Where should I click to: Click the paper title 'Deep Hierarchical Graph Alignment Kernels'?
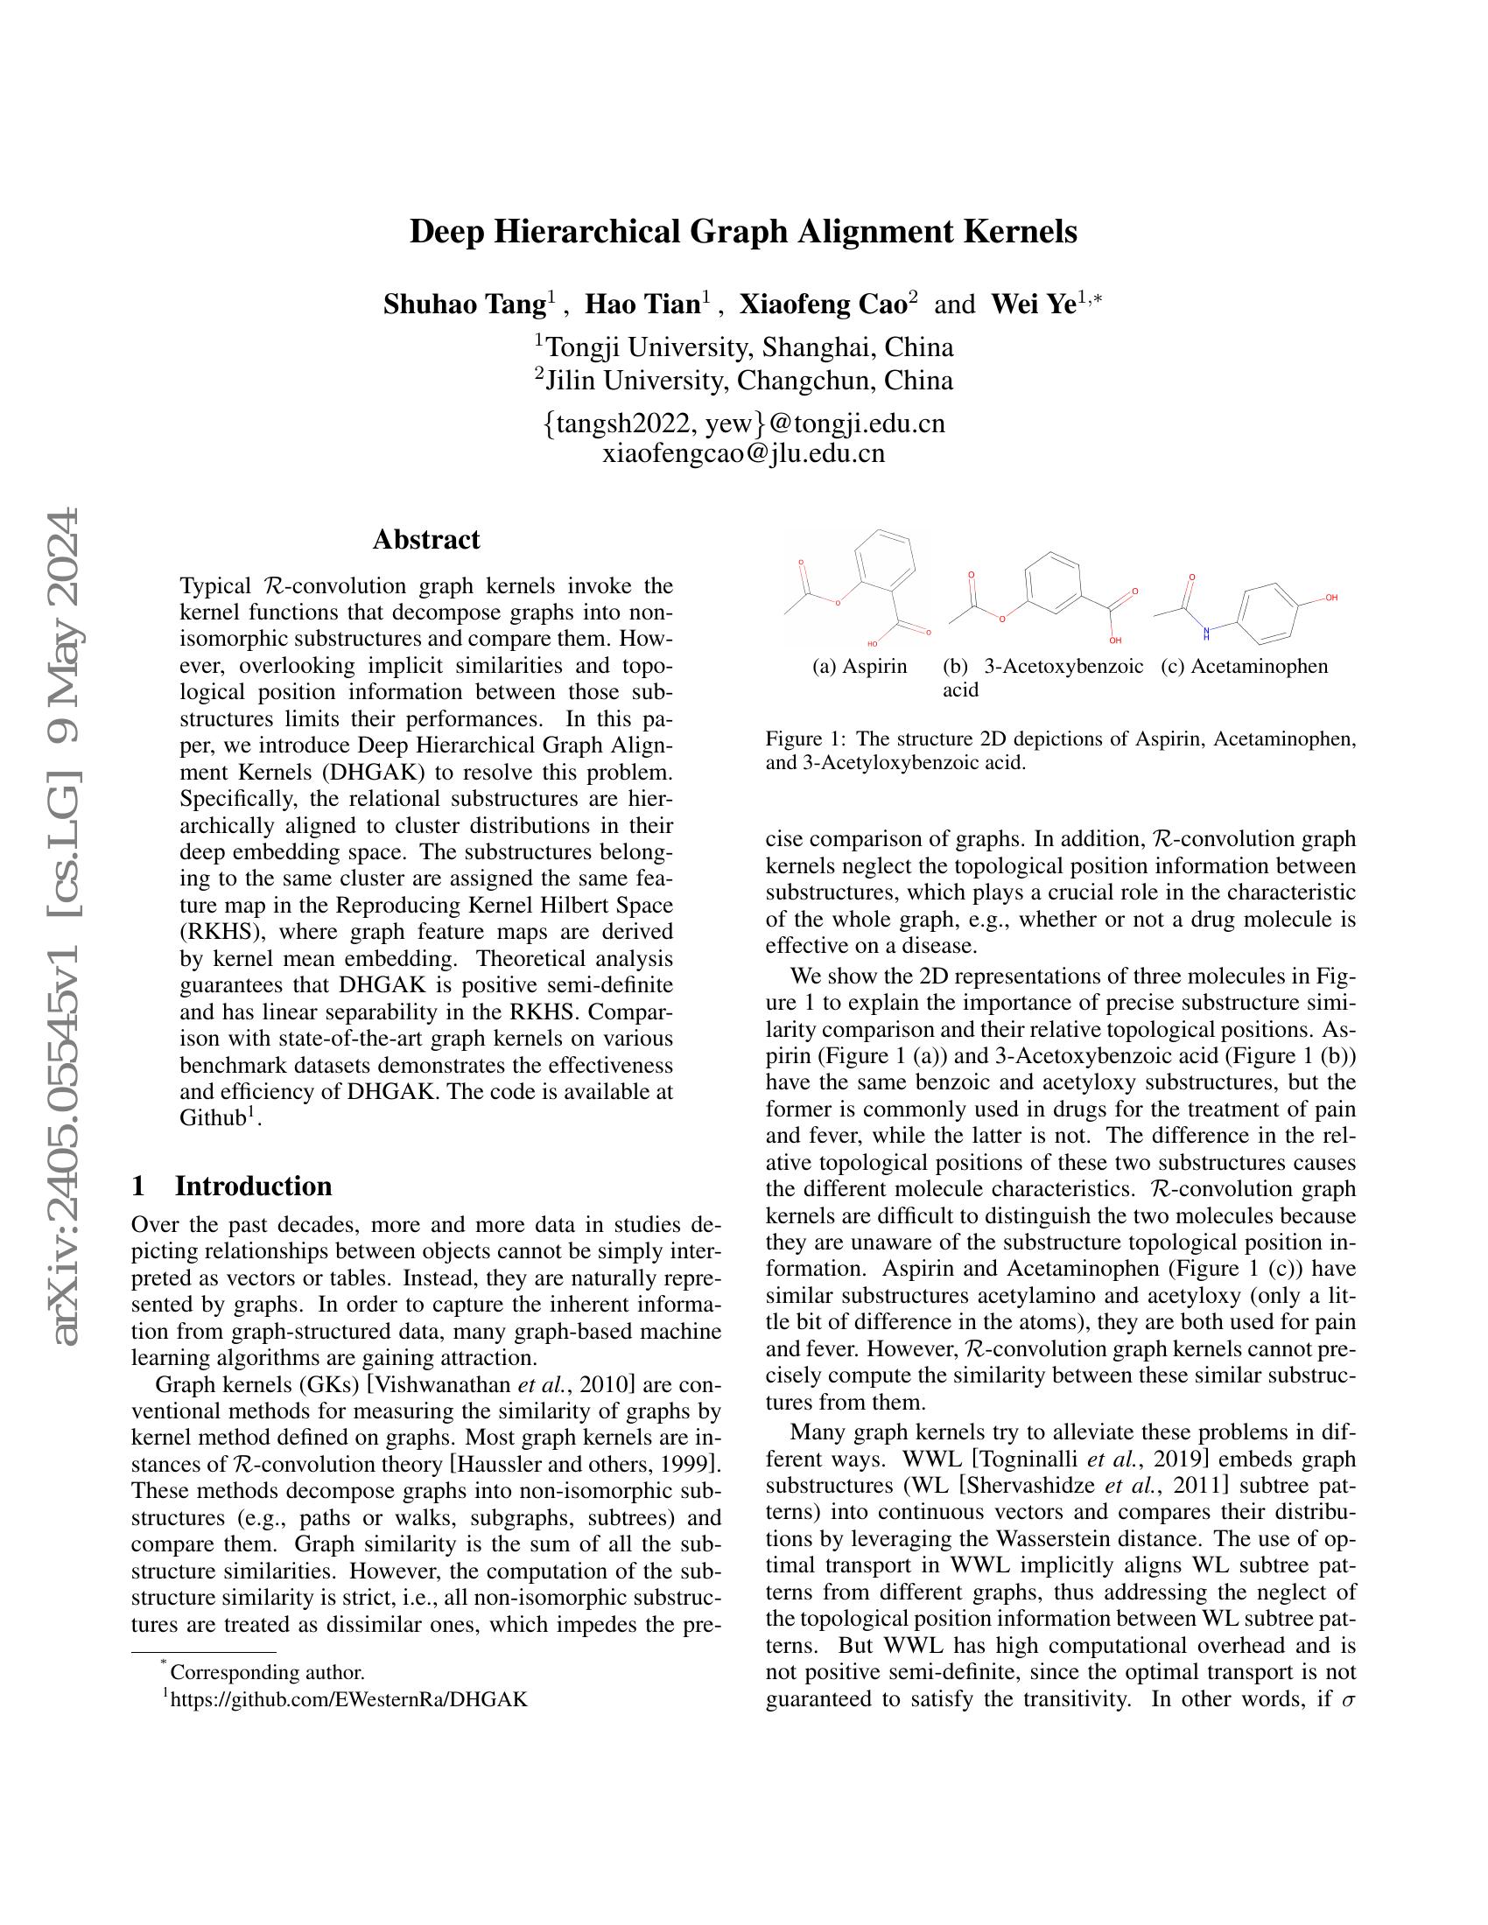click(743, 232)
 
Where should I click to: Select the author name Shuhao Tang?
click(464, 305)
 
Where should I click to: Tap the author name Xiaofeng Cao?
click(823, 305)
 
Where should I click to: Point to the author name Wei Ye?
click(1032, 305)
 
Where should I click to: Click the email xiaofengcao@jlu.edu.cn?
click(743, 454)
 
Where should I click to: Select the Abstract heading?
click(425, 539)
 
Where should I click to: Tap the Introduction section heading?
click(253, 1186)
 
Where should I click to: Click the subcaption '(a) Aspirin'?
click(860, 667)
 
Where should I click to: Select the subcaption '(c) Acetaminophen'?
click(1244, 667)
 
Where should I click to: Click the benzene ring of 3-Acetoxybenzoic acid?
click(1052, 583)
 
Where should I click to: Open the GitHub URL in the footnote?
click(349, 1699)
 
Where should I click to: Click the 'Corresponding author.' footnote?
click(266, 1672)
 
